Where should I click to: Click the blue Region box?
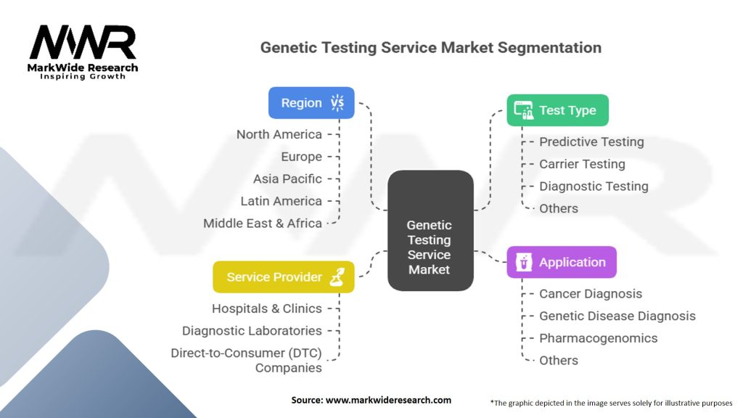[311, 103]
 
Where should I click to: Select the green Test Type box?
[557, 110]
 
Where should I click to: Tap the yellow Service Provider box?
[284, 276]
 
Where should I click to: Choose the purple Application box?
[562, 262]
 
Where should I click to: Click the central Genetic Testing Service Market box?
[430, 230]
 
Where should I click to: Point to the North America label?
[279, 134]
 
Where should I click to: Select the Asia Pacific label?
[287, 179]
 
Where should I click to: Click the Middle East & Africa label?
[263, 224]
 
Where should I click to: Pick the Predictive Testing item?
[591, 142]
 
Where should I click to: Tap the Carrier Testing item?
[582, 164]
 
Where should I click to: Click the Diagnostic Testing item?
[594, 187]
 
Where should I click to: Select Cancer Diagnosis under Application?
[591, 294]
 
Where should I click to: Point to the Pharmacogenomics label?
[599, 338]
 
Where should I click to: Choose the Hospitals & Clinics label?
[267, 308]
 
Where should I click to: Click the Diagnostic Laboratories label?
[252, 331]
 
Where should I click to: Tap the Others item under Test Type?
[559, 208]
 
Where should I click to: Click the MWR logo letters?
[83, 42]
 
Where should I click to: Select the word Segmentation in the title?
[549, 48]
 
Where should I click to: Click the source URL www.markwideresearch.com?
[388, 400]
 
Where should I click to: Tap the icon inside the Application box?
[524, 262]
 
